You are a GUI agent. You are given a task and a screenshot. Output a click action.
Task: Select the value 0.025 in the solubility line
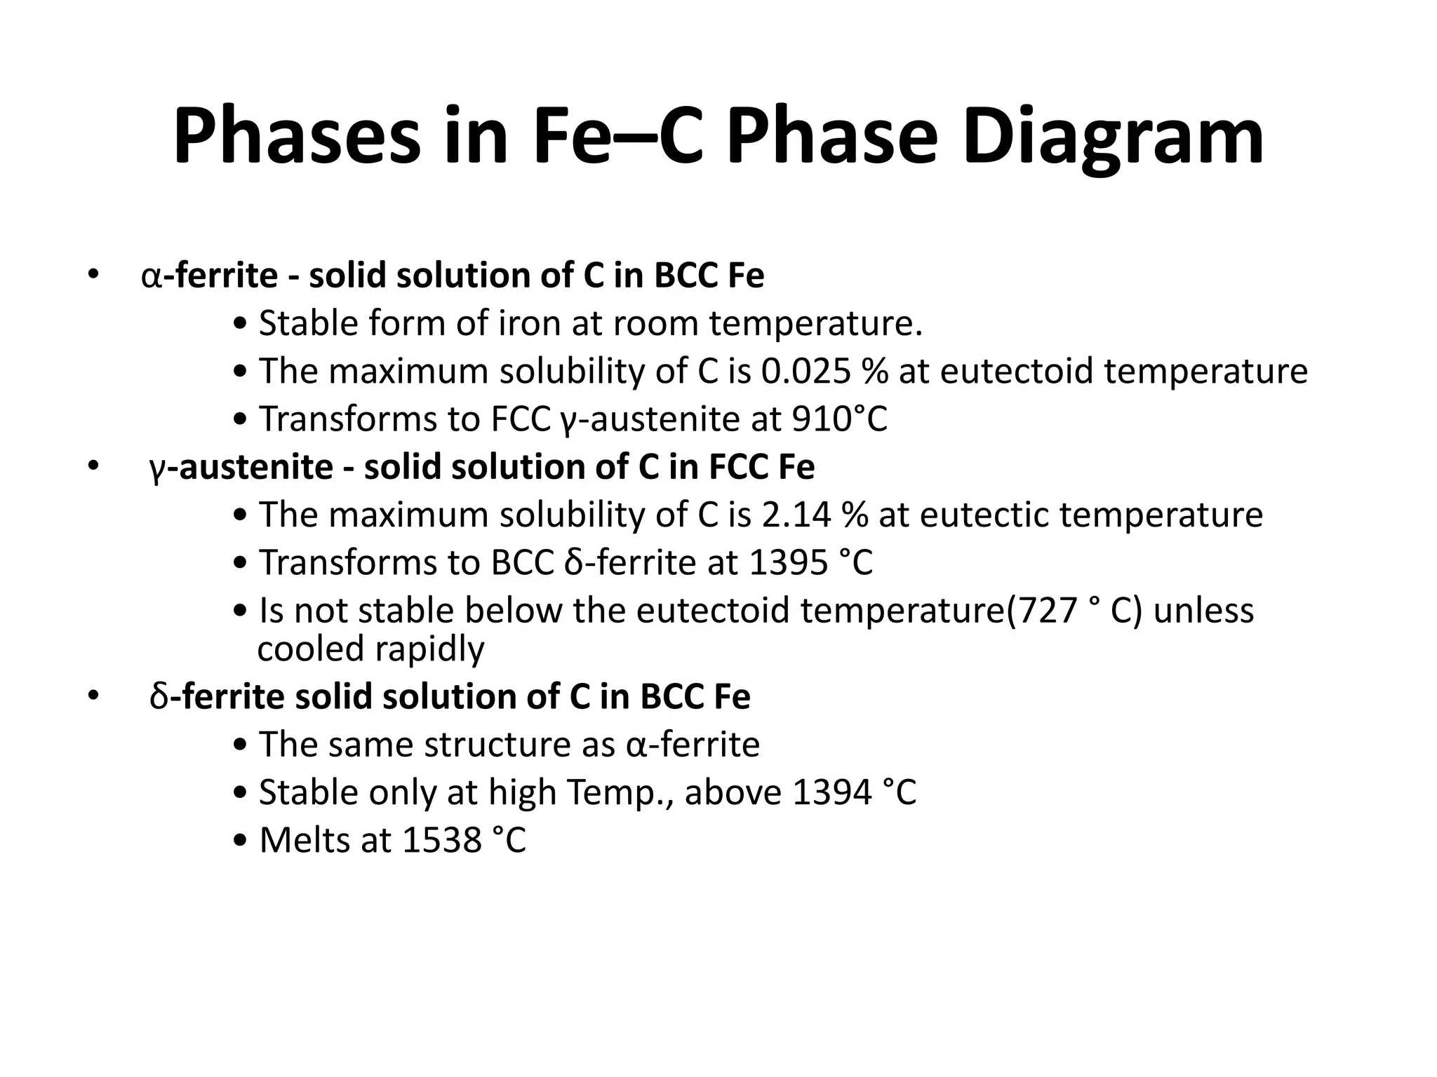[806, 371]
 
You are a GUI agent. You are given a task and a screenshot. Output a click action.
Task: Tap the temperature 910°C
[839, 419]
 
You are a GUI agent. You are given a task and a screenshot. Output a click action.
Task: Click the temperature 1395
[788, 562]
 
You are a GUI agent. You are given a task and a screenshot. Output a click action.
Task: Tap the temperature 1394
[832, 792]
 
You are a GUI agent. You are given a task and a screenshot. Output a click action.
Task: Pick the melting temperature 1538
[442, 840]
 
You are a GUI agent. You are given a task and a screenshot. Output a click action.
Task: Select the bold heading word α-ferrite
[210, 276]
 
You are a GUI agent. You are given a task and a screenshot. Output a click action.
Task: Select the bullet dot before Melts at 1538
[241, 841]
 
